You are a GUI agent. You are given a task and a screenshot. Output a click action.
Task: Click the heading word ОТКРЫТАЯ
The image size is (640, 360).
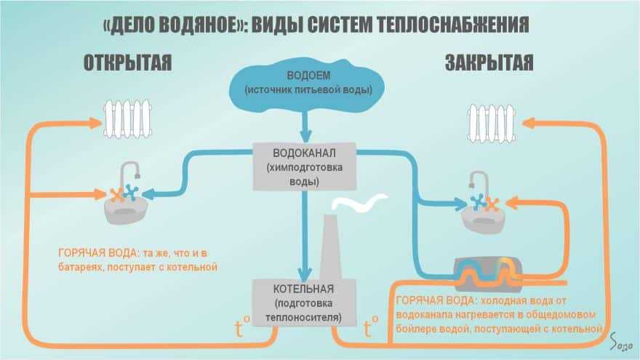click(x=127, y=63)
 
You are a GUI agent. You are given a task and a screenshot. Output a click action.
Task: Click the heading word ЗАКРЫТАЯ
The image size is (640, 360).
click(x=489, y=63)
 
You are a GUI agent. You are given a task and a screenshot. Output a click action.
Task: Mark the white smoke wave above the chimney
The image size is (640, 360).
click(x=356, y=204)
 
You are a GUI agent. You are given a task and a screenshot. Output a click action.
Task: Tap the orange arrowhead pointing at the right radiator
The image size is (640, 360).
click(x=530, y=124)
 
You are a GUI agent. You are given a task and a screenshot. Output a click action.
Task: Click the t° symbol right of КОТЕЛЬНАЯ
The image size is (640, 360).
click(x=371, y=328)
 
